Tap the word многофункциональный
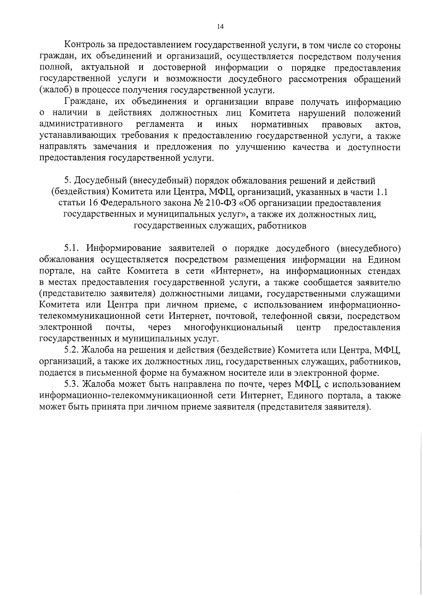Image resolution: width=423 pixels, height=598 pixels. [234, 328]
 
